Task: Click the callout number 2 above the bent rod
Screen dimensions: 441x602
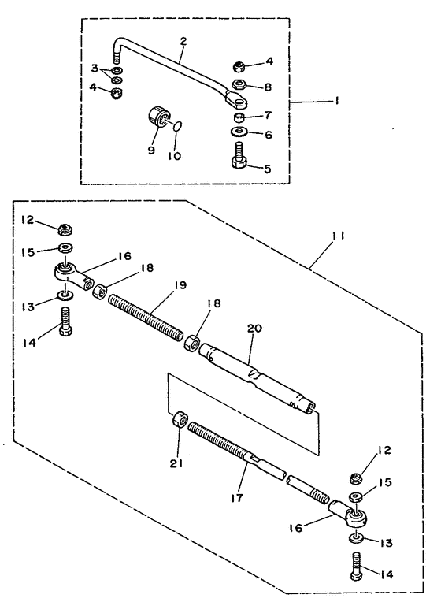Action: (x=183, y=41)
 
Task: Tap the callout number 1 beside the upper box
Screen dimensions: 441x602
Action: (x=336, y=101)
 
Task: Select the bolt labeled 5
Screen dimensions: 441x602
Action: (x=240, y=154)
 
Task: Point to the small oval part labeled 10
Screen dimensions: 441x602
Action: (x=177, y=126)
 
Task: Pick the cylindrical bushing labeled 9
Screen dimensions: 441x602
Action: (x=158, y=116)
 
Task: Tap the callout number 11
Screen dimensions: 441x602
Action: (x=338, y=236)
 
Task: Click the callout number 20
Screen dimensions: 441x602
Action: (x=255, y=329)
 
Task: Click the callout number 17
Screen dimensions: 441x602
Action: (x=237, y=498)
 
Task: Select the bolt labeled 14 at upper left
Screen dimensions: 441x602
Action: (x=65, y=321)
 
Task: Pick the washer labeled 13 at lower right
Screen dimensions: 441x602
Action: (x=357, y=538)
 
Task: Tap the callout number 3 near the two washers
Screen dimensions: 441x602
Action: (x=94, y=69)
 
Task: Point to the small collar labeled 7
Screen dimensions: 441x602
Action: (x=239, y=117)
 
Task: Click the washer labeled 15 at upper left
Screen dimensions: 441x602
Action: (x=66, y=247)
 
